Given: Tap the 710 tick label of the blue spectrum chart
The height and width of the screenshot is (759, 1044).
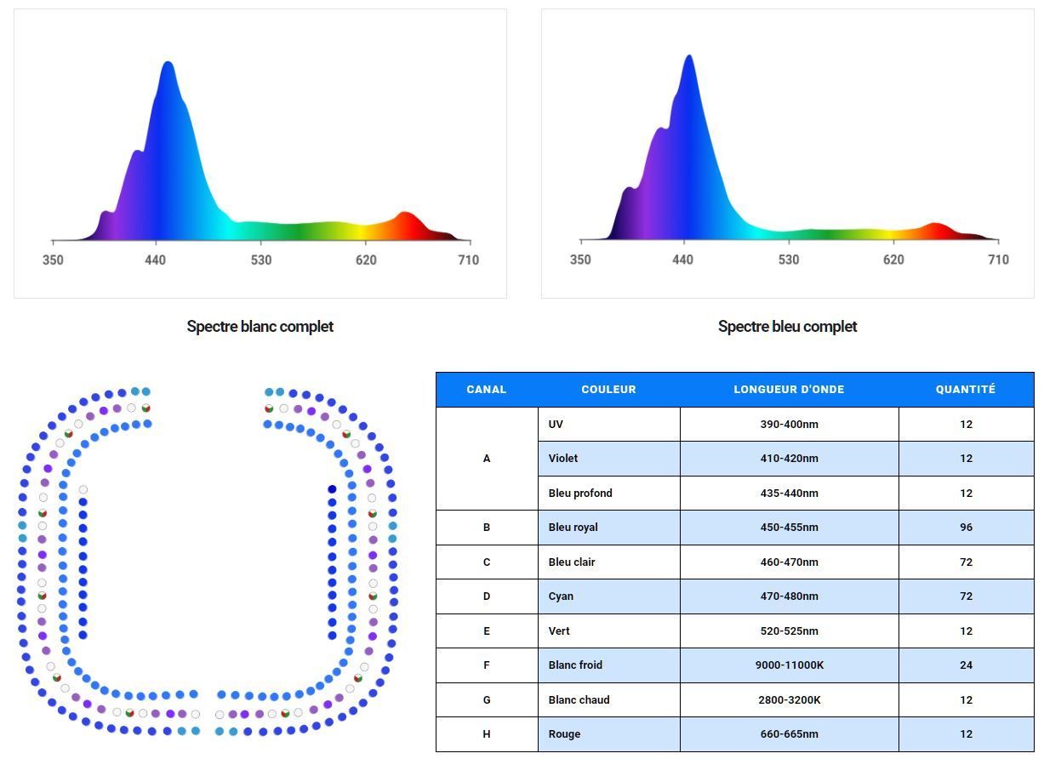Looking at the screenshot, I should point(998,260).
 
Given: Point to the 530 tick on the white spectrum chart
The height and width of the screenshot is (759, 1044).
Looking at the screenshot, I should point(261,260).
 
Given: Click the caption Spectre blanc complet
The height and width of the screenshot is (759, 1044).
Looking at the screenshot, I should point(260,327).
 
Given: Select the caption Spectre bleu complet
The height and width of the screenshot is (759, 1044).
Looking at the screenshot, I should point(787,327).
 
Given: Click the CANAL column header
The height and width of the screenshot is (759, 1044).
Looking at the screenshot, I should point(486,390).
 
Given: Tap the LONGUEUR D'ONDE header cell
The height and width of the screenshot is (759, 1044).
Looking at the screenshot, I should point(789,390).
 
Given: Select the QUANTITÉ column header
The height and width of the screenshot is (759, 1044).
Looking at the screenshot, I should point(965,390).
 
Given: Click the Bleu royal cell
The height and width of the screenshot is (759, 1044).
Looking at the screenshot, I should point(573,528).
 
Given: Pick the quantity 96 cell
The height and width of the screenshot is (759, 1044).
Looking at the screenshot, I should point(966,528).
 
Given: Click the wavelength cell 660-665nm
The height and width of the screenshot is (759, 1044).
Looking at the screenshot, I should point(789,734).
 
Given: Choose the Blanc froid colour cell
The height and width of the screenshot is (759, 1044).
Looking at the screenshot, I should point(575,665).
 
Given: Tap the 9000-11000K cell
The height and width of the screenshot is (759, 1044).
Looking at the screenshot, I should point(789,665).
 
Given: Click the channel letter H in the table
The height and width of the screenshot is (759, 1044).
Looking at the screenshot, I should point(486,734).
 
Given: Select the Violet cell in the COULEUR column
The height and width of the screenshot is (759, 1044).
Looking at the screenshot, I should point(563,459).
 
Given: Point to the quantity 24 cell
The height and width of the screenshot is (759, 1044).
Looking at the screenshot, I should point(966,665).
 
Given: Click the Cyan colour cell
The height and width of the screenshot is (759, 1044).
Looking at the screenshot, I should point(561,596).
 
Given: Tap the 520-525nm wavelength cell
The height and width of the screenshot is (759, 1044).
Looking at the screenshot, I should point(789,631).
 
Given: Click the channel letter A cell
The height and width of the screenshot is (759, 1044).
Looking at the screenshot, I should point(486,459).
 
